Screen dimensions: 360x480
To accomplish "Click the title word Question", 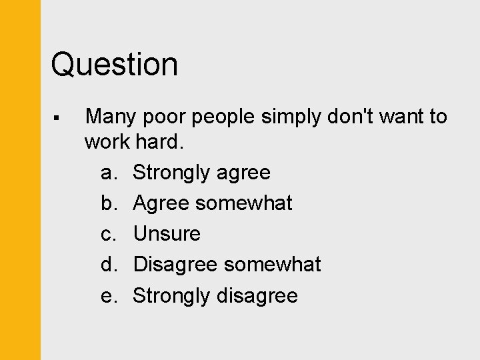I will [115, 65].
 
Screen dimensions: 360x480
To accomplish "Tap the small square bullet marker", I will [57, 118].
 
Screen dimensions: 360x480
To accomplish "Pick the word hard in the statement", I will [161, 142].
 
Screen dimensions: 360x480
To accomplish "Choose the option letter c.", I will [108, 234].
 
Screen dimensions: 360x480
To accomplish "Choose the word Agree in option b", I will [161, 203].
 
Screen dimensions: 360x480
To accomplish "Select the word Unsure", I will [167, 234].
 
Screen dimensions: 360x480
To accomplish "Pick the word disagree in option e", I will [257, 295].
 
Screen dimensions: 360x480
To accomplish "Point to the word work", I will [107, 142].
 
